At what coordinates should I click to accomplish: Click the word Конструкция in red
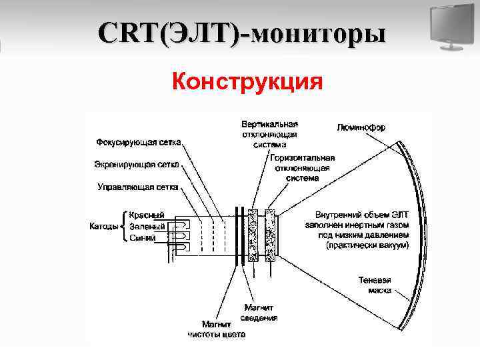(x=247, y=82)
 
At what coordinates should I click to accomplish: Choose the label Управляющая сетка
(x=137, y=187)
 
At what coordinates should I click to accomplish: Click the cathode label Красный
(x=147, y=215)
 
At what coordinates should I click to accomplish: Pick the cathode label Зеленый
(x=147, y=227)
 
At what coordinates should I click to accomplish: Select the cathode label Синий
(x=143, y=237)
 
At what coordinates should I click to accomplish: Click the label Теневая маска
(x=374, y=285)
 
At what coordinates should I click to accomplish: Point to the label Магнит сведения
(x=259, y=313)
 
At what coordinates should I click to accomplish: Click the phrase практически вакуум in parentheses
(x=366, y=246)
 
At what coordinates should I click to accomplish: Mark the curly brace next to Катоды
(x=123, y=227)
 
